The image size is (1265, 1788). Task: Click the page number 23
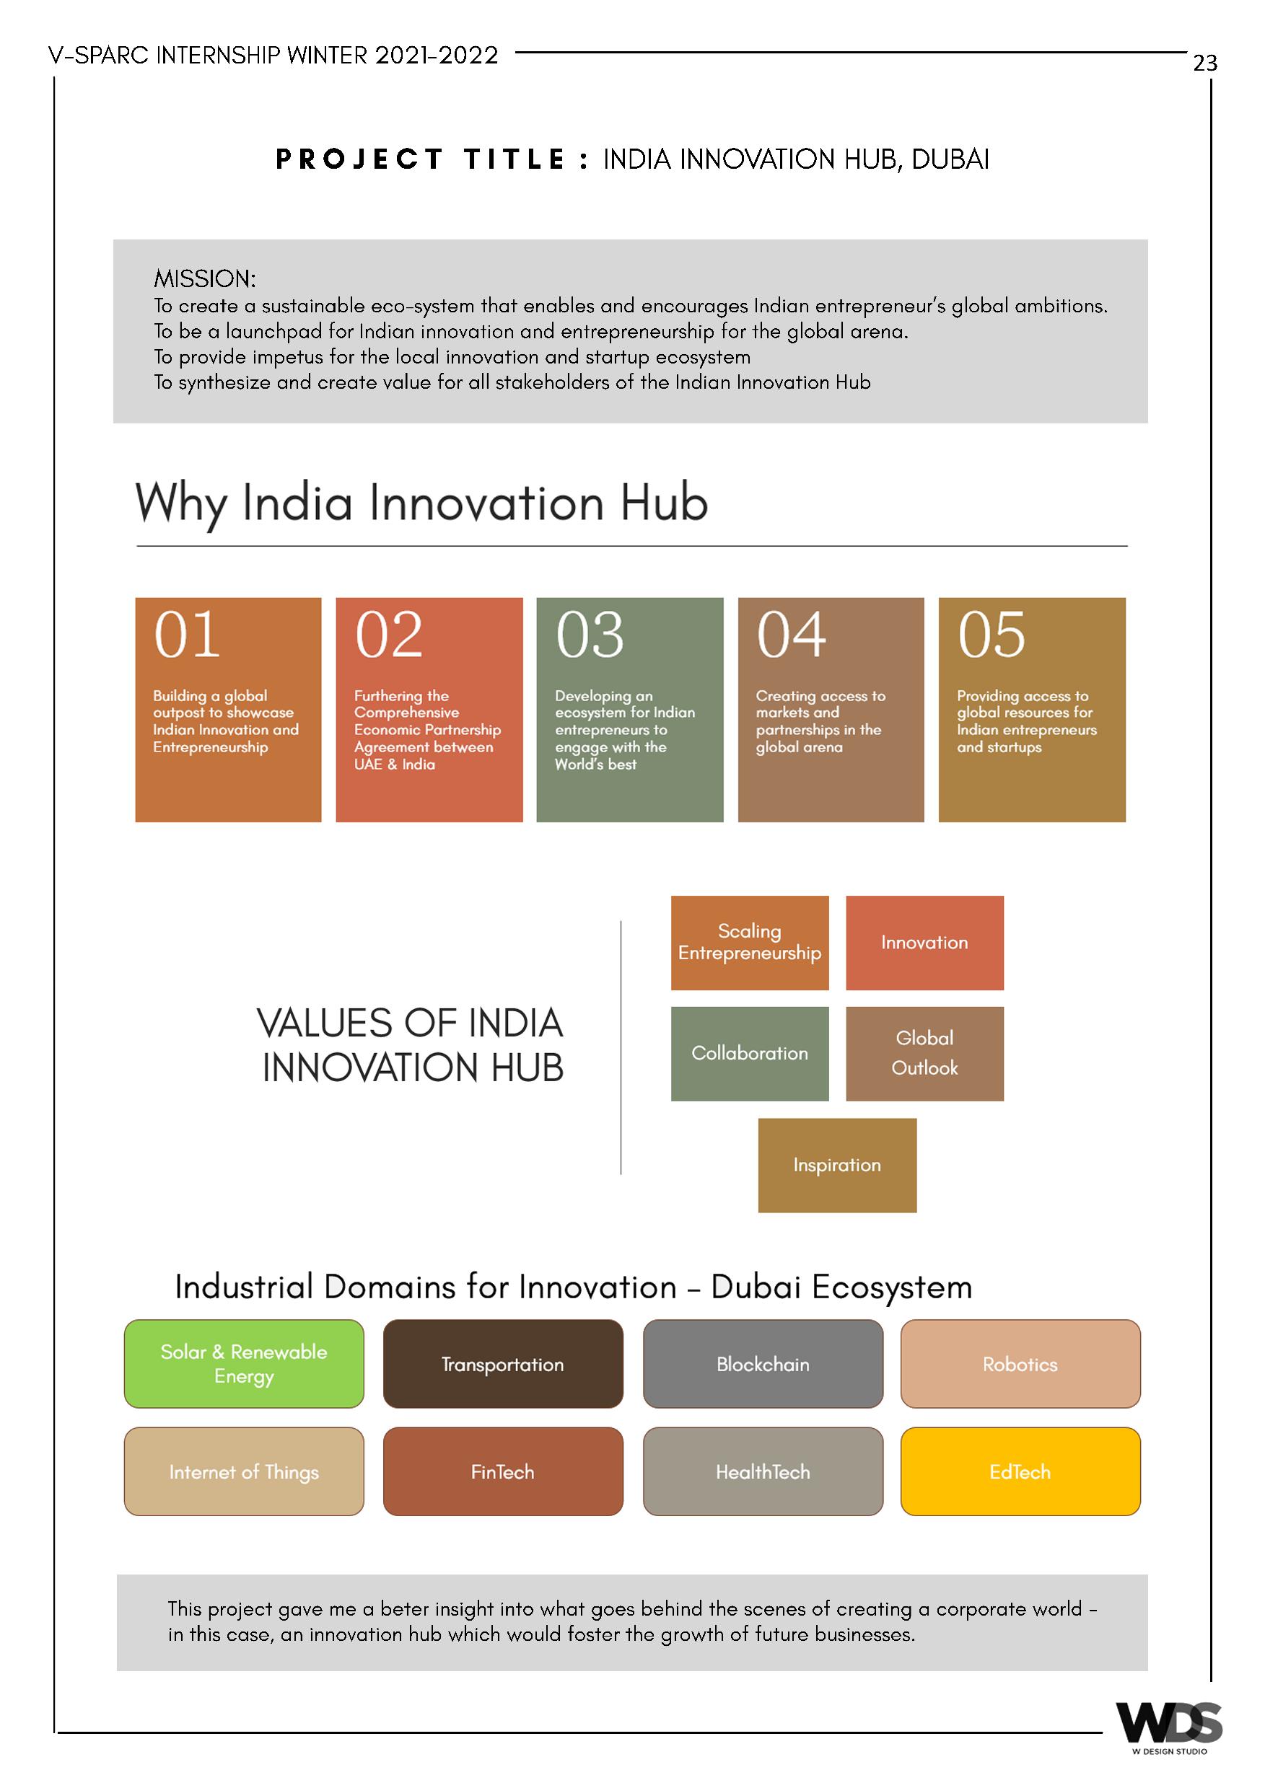point(1204,63)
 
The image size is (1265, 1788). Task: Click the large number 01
point(187,635)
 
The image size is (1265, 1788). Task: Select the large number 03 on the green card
point(590,635)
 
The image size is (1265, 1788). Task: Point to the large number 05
point(992,635)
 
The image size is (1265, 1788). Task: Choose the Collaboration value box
point(749,1054)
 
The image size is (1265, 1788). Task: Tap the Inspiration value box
point(836,1165)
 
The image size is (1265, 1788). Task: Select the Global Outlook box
point(924,1054)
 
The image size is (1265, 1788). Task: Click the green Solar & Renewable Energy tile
point(244,1364)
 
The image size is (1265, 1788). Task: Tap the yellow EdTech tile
point(1020,1471)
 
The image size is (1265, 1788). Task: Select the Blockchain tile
point(763,1364)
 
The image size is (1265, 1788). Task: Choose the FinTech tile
point(502,1471)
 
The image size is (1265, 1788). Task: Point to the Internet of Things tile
point(244,1471)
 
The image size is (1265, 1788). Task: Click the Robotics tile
point(1020,1364)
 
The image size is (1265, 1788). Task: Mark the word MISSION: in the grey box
point(205,279)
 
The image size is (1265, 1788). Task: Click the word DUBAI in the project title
point(950,159)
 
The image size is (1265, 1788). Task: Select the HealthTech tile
point(763,1471)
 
